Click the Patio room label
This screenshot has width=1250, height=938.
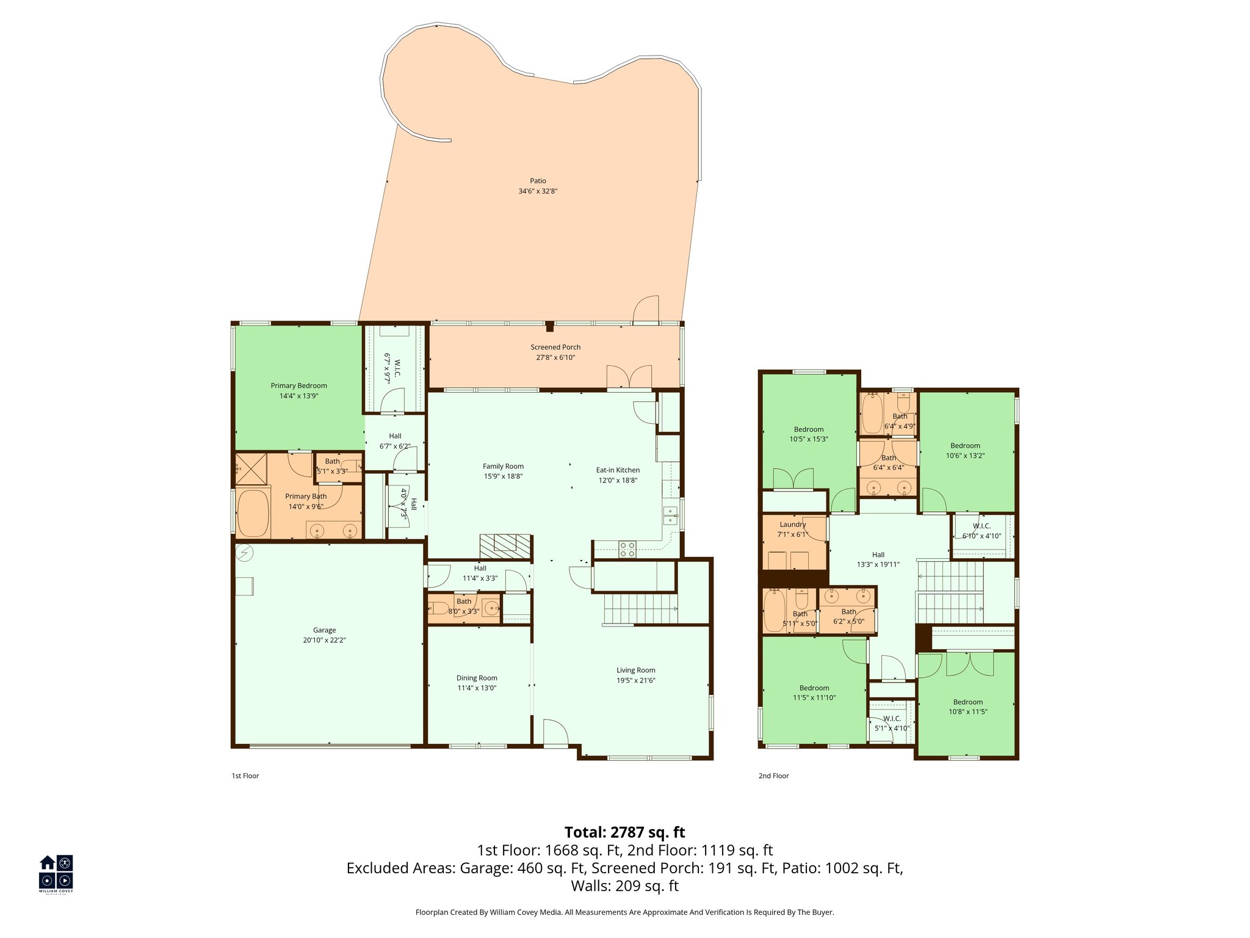538,181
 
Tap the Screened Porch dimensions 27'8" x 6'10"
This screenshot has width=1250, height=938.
555,357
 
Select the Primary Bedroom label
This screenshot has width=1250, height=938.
298,385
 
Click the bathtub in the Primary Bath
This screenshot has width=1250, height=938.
253,514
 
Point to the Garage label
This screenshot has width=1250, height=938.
324,630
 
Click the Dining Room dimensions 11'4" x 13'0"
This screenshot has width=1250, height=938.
477,688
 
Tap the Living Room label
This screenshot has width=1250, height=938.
635,670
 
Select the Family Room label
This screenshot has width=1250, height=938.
503,466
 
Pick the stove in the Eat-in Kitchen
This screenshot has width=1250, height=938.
627,549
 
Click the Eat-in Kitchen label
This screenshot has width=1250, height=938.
618,470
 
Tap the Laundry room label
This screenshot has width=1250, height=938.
792,524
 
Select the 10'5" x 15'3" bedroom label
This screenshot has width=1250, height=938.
808,429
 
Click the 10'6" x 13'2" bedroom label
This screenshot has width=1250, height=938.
965,445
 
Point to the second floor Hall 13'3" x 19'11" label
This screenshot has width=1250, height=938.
878,554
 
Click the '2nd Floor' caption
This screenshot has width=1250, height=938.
773,776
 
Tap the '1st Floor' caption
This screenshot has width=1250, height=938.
245,776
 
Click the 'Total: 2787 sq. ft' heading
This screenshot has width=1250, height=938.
624,832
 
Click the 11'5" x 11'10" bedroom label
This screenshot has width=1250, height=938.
814,688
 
